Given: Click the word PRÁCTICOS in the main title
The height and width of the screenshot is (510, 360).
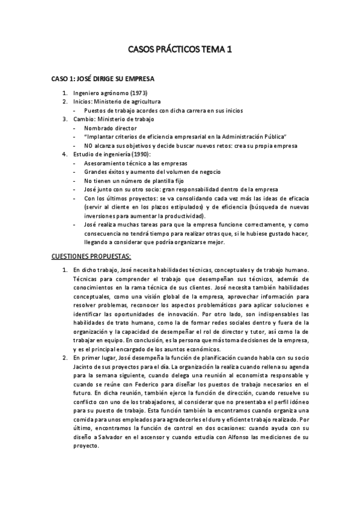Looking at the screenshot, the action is (180, 52).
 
